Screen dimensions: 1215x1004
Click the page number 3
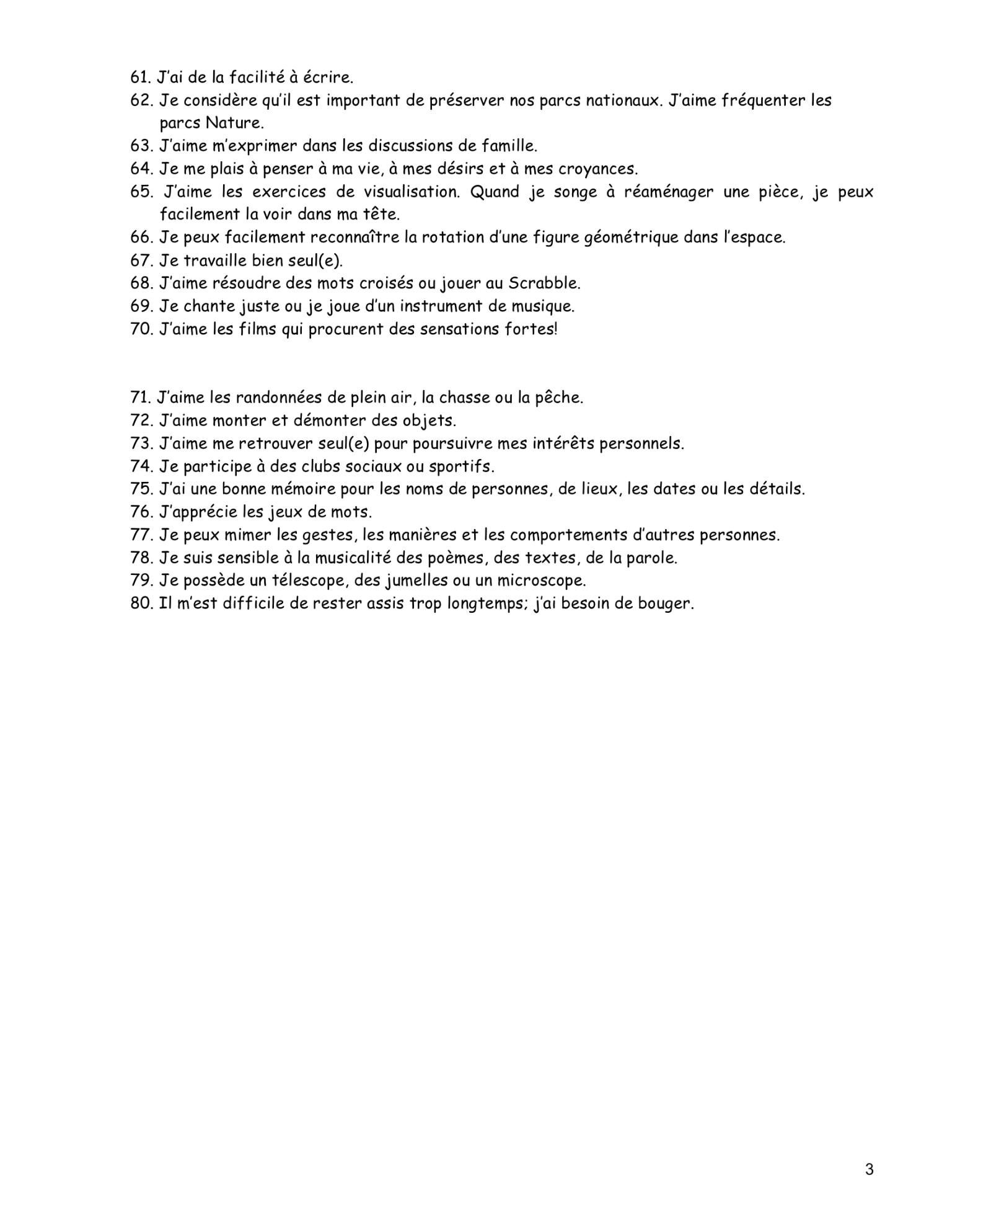point(869,1170)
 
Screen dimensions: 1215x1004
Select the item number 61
point(141,78)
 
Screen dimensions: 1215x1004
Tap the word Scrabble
point(544,283)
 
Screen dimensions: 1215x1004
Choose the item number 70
point(141,329)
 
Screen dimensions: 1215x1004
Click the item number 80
point(141,603)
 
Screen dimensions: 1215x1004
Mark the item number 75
point(141,489)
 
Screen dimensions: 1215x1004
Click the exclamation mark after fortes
point(556,329)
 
